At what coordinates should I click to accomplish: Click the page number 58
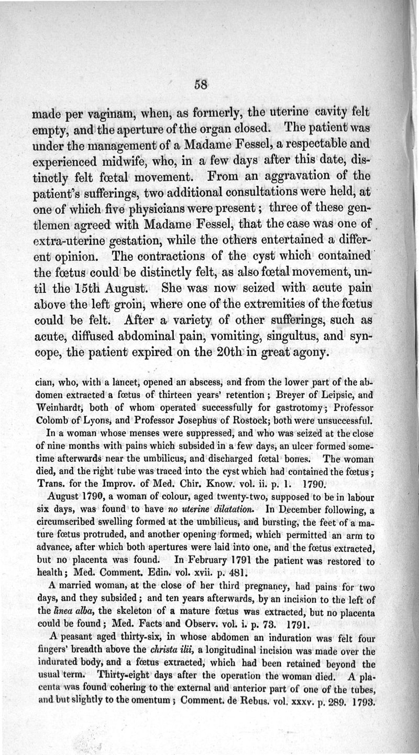201,85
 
